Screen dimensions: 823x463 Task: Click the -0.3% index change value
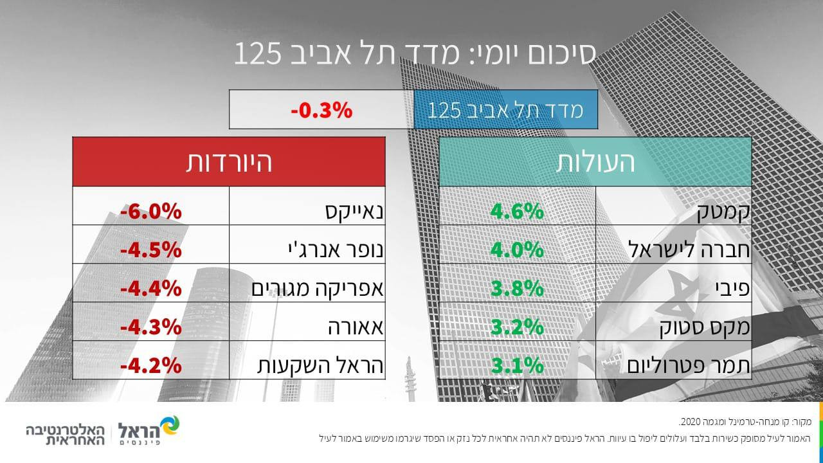click(x=321, y=110)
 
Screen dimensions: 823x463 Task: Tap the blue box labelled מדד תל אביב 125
click(x=505, y=109)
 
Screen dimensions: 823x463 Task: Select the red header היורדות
click(x=229, y=161)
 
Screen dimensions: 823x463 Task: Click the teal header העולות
click(x=595, y=161)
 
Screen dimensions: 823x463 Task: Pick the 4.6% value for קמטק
click(x=517, y=212)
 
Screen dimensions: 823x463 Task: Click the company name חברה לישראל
click(x=689, y=250)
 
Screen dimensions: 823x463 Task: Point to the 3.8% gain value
click(x=517, y=289)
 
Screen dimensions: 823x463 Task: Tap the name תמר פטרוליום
click(x=688, y=366)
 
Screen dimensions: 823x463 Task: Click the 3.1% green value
click(x=517, y=366)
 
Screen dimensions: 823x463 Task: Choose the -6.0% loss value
click(x=151, y=212)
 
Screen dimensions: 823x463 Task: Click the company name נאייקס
click(x=354, y=212)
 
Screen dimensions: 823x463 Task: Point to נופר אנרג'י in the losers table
click(x=336, y=250)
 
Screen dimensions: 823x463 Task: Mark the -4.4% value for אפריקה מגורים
click(x=151, y=289)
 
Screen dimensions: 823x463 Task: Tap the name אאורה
click(x=356, y=327)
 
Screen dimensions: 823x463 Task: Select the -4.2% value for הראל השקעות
click(x=151, y=366)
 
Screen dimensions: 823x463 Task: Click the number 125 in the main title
click(x=258, y=53)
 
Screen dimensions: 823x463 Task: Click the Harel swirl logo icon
click(x=169, y=426)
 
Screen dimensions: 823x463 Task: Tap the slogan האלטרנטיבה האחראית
click(x=66, y=435)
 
